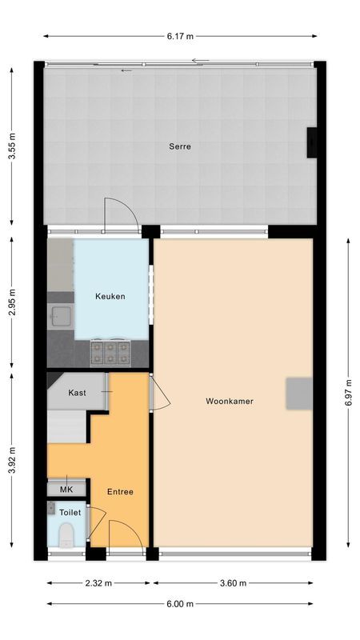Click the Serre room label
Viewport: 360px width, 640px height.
click(x=179, y=146)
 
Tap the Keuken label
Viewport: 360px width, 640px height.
click(x=110, y=297)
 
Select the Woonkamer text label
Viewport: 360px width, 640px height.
click(x=229, y=402)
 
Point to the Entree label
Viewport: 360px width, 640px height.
click(x=120, y=491)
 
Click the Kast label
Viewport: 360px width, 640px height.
click(x=78, y=393)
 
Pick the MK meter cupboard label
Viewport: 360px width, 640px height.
click(x=66, y=490)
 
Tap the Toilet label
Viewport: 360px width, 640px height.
click(x=70, y=512)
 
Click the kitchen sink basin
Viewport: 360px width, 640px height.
click(x=60, y=318)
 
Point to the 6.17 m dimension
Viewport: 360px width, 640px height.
click(x=180, y=36)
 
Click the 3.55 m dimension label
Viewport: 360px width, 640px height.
click(x=12, y=146)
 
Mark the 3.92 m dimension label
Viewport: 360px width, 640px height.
click(x=12, y=466)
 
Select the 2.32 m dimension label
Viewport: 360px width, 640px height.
click(x=99, y=583)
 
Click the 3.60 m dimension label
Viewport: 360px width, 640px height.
click(x=233, y=583)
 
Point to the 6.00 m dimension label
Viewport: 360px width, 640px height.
click(x=181, y=604)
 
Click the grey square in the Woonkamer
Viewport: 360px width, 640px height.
click(x=299, y=394)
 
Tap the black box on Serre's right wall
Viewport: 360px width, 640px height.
click(x=311, y=142)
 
